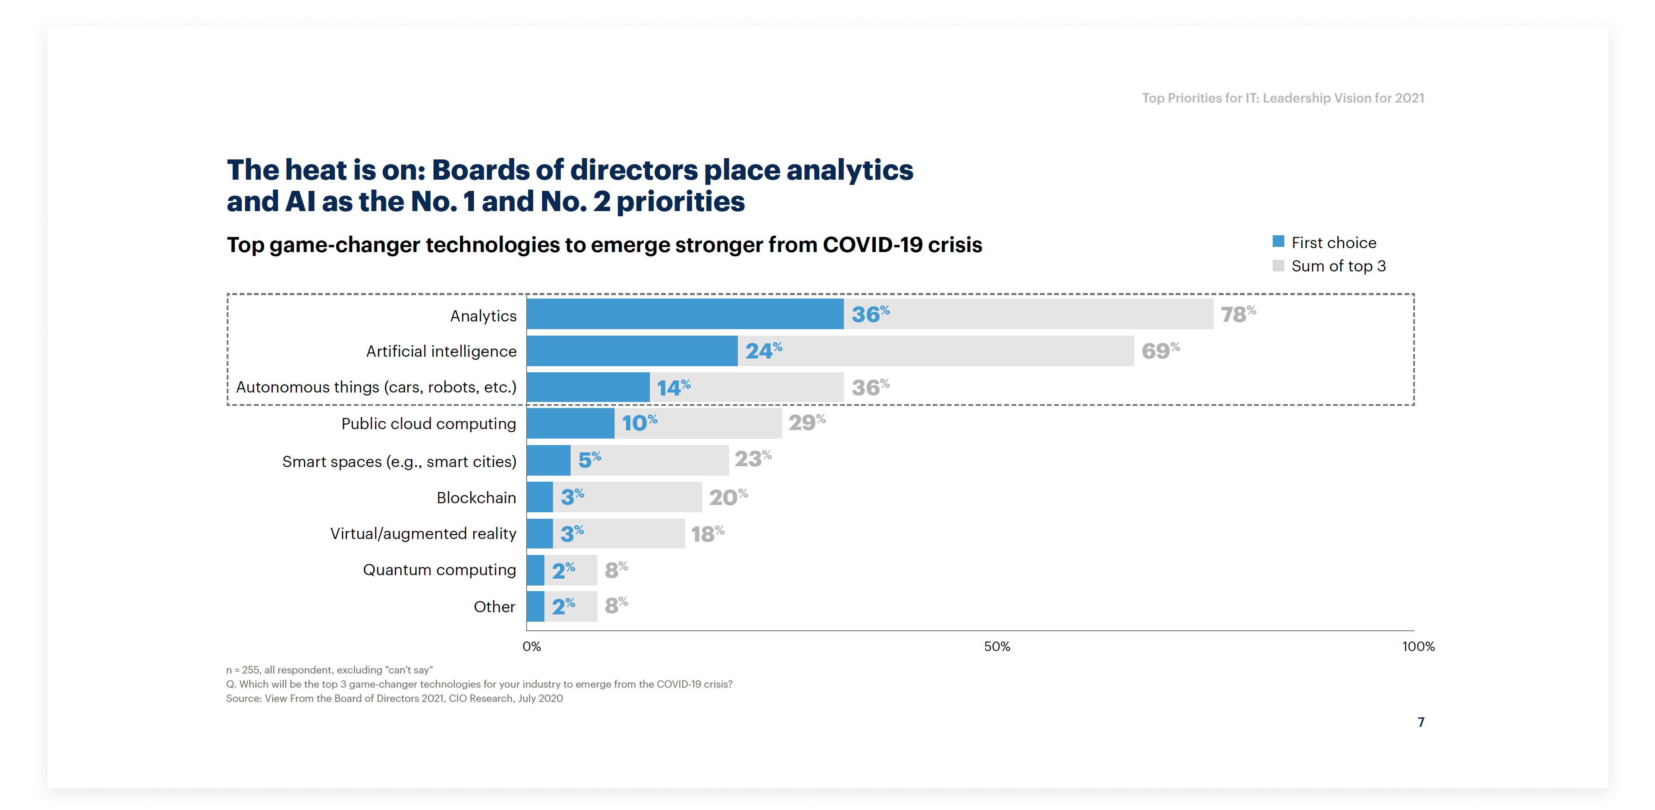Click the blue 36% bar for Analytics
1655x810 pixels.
(x=684, y=314)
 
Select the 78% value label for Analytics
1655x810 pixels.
(x=1237, y=314)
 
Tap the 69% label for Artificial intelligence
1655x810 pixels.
(x=1160, y=351)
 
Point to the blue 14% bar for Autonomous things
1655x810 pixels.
(x=588, y=387)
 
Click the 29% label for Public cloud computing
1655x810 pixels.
(x=806, y=423)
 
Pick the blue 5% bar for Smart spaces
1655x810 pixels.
(x=548, y=460)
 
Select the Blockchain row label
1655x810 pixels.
(x=476, y=498)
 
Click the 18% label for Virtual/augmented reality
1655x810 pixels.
(x=707, y=534)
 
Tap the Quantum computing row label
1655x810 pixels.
(x=440, y=570)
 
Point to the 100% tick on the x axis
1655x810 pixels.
(x=1418, y=647)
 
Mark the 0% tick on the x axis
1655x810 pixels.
(x=532, y=647)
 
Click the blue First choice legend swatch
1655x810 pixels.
(x=1278, y=242)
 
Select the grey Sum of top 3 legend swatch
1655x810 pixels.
(x=1278, y=266)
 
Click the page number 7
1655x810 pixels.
(x=1421, y=723)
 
